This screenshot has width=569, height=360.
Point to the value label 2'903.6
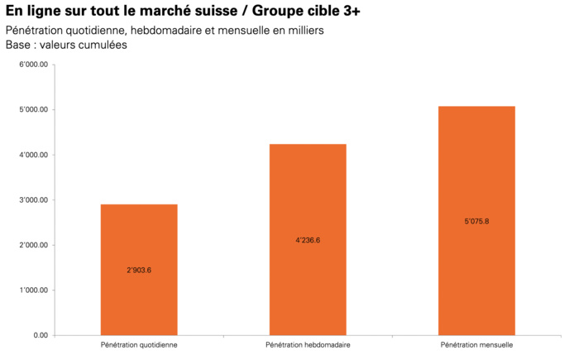pyautogui.click(x=139, y=270)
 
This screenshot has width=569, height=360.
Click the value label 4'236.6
pyautogui.click(x=308, y=240)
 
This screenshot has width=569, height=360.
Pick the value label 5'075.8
pyautogui.click(x=476, y=221)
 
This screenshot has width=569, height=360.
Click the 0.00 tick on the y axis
pyautogui.click(x=41, y=335)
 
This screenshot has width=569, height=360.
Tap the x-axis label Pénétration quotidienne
pyautogui.click(x=139, y=344)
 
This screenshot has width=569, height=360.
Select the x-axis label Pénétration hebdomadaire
pyautogui.click(x=308, y=344)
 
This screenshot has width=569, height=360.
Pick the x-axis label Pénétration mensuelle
pyautogui.click(x=476, y=344)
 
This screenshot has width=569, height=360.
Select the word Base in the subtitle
pyautogui.click(x=18, y=45)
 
